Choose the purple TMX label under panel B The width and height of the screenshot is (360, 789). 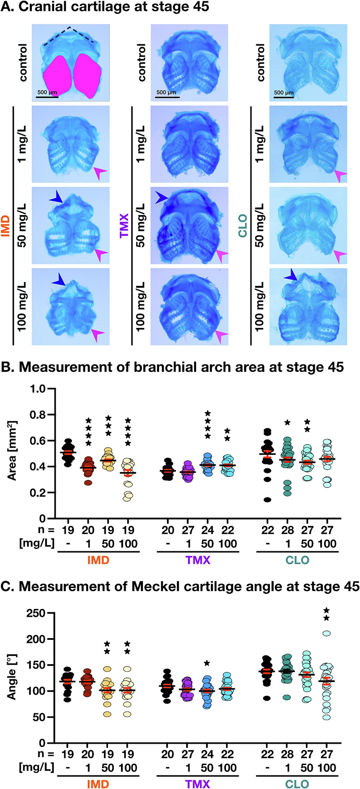click(x=198, y=560)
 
